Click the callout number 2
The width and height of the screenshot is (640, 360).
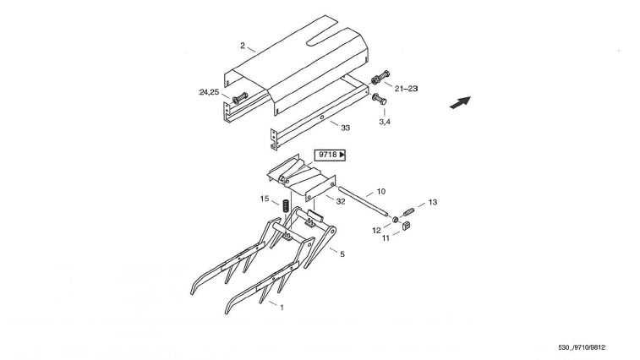[243, 45]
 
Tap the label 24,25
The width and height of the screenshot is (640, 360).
[209, 91]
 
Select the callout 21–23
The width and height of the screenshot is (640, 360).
[406, 88]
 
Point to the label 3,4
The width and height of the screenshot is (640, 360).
[385, 122]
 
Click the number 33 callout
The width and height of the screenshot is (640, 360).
[345, 128]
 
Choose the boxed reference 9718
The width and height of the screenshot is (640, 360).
[331, 155]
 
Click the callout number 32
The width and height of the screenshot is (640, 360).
[340, 202]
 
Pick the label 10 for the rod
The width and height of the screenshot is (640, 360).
[380, 193]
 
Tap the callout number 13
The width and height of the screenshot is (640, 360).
[433, 203]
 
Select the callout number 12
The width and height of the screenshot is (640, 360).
[376, 230]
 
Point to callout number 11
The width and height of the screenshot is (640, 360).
[386, 239]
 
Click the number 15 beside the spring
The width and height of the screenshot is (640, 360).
[265, 199]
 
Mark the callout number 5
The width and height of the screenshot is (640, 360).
[342, 253]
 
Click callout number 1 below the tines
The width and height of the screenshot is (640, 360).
[282, 308]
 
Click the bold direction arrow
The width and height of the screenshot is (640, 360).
[459, 102]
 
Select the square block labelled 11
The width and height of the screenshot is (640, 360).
[404, 226]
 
